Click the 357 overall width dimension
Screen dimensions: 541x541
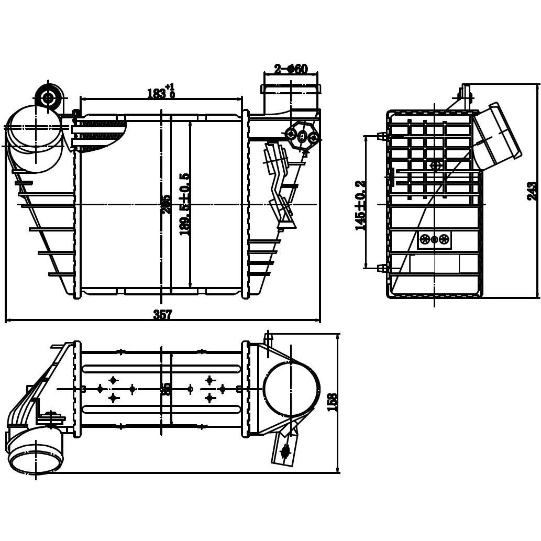click(162, 314)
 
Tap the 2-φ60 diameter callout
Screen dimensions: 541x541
click(291, 69)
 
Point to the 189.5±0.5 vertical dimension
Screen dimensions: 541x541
click(184, 204)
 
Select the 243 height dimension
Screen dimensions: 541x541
click(532, 191)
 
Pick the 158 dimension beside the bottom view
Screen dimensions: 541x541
click(332, 402)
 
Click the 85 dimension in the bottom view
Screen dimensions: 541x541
click(167, 389)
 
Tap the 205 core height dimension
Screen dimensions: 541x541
click(166, 204)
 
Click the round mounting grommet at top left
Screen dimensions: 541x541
click(49, 97)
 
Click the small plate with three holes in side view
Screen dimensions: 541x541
click(434, 239)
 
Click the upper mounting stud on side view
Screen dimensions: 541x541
click(382, 136)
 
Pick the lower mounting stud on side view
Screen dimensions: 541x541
click(382, 268)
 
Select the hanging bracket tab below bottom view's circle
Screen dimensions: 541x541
click(284, 449)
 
